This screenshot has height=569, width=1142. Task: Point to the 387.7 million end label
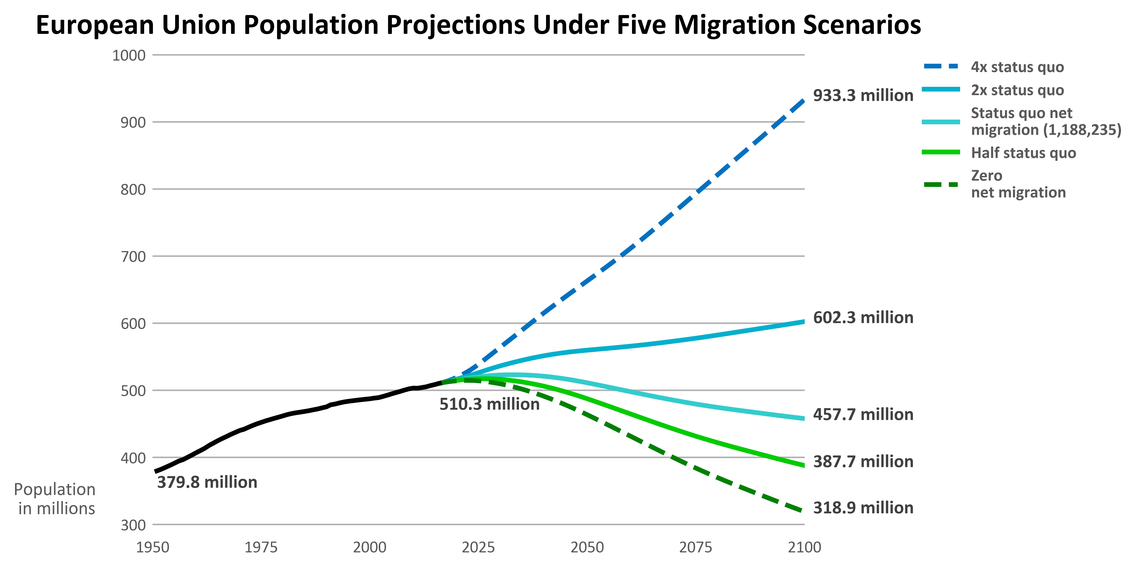pos(863,462)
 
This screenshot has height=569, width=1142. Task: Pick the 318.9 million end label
pos(863,508)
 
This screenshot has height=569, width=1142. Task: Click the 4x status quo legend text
pos(1017,67)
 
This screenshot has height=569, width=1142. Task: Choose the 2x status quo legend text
pos(1017,90)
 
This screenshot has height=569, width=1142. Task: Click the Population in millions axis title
pos(55,499)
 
